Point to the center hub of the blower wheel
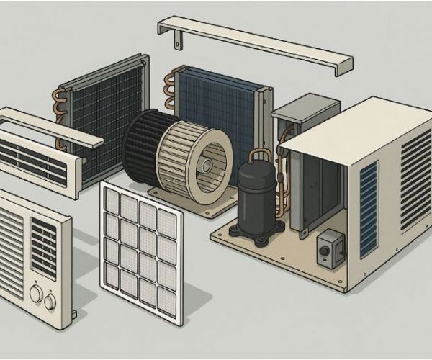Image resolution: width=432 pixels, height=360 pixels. pos(207,165)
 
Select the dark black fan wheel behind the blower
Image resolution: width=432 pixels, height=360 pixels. pos(140,148)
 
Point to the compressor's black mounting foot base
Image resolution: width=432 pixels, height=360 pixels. pos(253,230)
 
